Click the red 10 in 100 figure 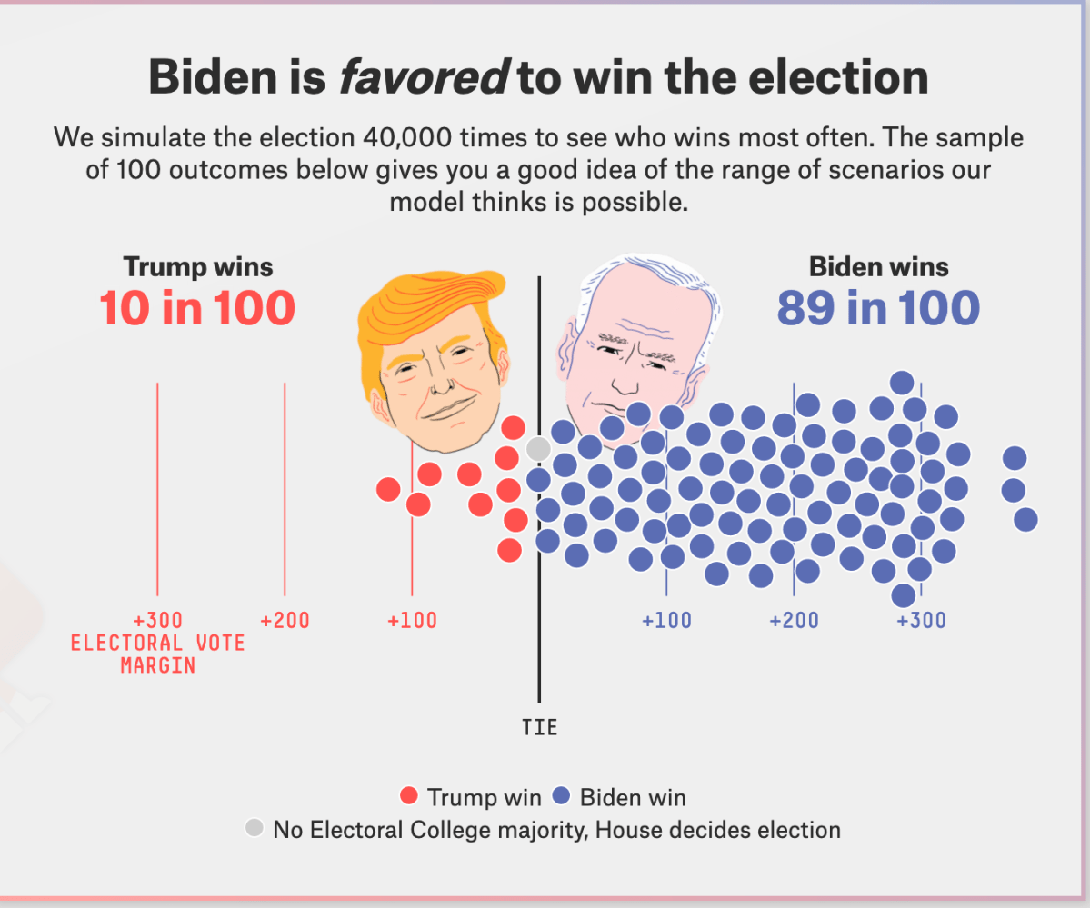[197, 308]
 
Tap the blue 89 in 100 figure [878, 308]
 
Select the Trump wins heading [198, 267]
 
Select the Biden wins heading [878, 267]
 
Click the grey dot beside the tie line [538, 448]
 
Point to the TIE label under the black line [539, 728]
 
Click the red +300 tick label [157, 622]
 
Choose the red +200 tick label [285, 622]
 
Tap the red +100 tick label [412, 622]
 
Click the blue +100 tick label [666, 622]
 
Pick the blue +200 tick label [794, 622]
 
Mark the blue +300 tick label [921, 622]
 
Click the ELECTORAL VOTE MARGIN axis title [157, 654]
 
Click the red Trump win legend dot [409, 797]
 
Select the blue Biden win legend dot [561, 797]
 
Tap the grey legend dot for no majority [255, 828]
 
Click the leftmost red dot [388, 489]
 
